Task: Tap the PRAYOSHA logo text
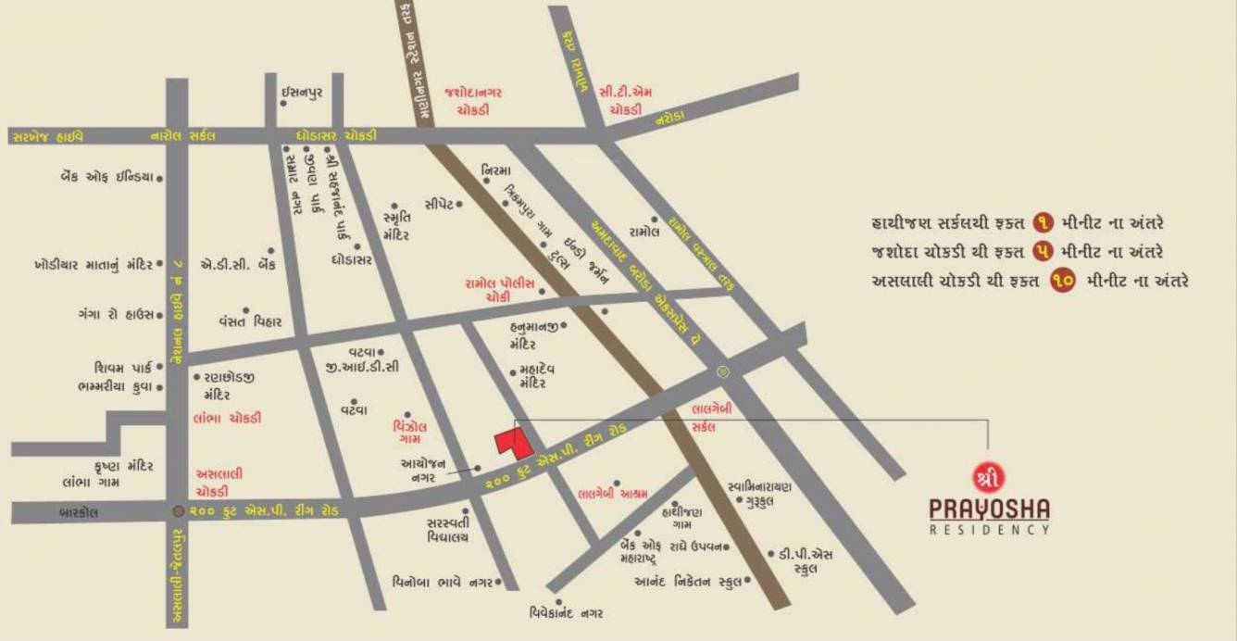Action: [989, 509]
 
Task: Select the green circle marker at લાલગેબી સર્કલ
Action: [723, 372]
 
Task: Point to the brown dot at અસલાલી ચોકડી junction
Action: [178, 510]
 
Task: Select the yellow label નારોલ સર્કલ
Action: [184, 135]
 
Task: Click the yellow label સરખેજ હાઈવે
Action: [48, 135]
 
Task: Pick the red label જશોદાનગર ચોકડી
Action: [472, 100]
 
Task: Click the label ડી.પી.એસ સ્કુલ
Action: [801, 561]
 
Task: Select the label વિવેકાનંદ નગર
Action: [567, 613]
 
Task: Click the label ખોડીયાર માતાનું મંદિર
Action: [93, 265]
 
